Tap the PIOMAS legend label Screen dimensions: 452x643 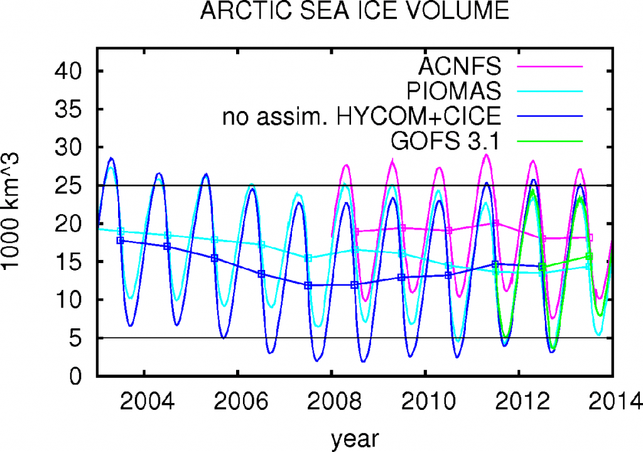(454, 90)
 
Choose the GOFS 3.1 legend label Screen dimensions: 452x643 (445, 142)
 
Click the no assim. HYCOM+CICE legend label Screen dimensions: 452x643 (362, 116)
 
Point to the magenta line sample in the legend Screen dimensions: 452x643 (551, 65)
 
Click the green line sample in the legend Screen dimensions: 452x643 (551, 142)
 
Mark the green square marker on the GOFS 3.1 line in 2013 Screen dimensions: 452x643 (588, 256)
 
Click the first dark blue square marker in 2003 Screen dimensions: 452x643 (121, 240)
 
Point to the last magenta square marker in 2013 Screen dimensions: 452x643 (590, 237)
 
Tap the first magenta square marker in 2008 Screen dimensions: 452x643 (356, 232)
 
